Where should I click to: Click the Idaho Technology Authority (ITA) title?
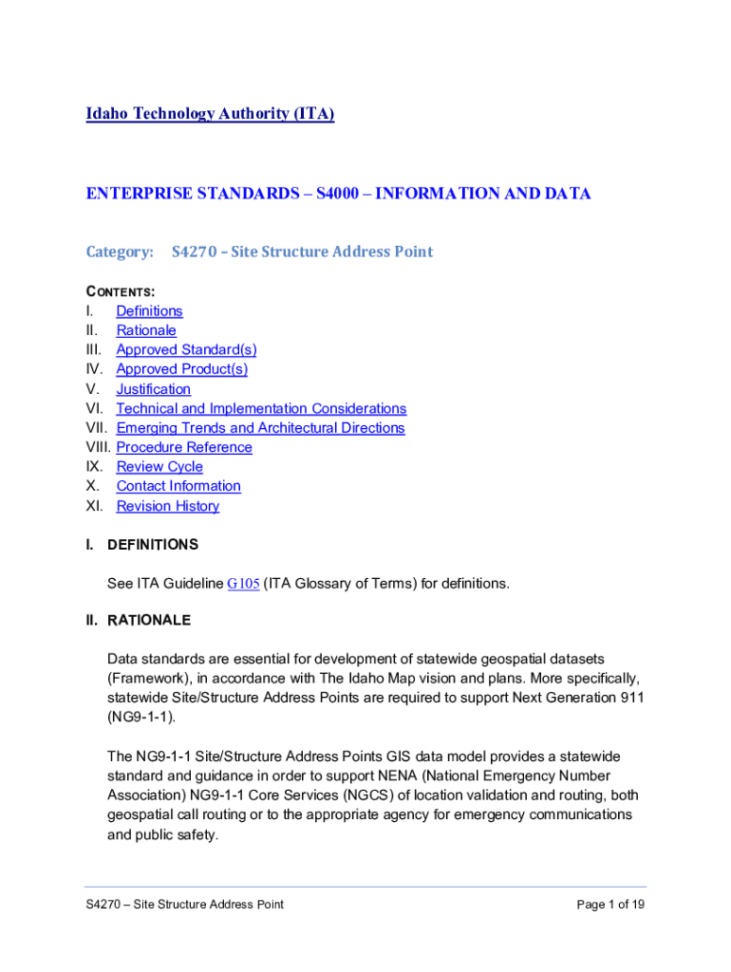[210, 114]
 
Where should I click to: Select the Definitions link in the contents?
[149, 311]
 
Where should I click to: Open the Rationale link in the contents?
[146, 330]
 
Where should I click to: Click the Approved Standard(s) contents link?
[186, 350]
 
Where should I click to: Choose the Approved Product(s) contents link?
[181, 369]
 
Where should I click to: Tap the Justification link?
[153, 389]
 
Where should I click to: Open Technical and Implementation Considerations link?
[261, 408]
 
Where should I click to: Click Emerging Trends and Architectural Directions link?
[260, 428]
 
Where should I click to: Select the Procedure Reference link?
[184, 447]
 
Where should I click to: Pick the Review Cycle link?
[159, 467]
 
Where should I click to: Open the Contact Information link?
[178, 486]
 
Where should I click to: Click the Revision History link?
[167, 506]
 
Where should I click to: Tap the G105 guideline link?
[244, 584]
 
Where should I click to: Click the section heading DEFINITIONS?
[153, 545]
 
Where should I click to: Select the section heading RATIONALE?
[149, 621]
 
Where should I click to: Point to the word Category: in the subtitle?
[120, 252]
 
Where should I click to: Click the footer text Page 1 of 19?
[610, 905]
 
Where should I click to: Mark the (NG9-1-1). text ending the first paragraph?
[141, 717]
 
